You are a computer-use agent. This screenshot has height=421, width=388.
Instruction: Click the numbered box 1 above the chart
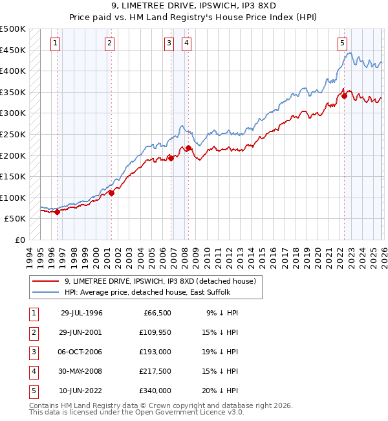(x=56, y=43)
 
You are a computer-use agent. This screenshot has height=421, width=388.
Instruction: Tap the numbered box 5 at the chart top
(x=341, y=43)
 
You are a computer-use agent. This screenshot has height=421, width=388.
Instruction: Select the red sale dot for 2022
(x=345, y=96)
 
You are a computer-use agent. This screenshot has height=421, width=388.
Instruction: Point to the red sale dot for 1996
(x=58, y=212)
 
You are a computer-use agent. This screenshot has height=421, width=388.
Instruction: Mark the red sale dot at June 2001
(x=111, y=193)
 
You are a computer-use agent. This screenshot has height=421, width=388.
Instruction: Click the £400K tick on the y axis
(x=14, y=71)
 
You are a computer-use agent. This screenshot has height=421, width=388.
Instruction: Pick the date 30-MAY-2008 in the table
(x=81, y=371)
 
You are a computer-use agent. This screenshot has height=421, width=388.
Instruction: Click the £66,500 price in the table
(x=156, y=313)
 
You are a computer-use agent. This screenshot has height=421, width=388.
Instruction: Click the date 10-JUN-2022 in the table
(x=81, y=391)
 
